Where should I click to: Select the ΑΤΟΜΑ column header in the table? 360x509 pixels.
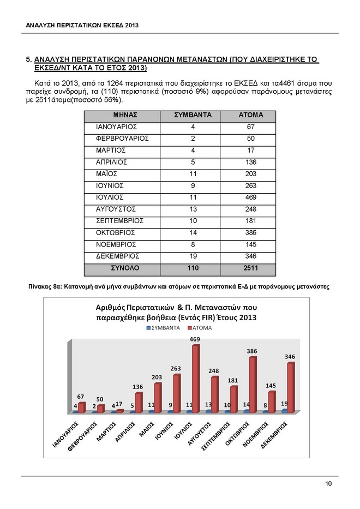pos(251,116)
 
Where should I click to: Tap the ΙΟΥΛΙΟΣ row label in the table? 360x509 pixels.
pos(109,197)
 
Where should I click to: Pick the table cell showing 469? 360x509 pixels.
pos(251,197)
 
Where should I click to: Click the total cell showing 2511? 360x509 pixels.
pos(251,268)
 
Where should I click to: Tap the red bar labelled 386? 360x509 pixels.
pos(252,384)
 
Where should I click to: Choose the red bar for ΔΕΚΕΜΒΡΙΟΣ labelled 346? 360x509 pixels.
pos(290,387)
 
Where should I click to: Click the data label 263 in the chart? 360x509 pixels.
pos(176,369)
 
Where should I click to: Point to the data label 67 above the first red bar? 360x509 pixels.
pos(80,396)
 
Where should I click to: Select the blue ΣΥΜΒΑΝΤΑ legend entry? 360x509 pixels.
pos(163,328)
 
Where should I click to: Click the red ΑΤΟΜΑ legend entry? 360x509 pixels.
pos(199,328)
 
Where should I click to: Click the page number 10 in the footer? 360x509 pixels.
pos(328,484)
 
